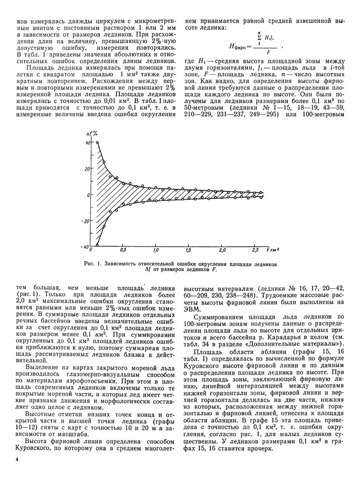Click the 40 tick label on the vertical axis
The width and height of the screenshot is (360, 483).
pos(87,143)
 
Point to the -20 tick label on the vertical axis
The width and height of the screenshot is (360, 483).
pos(86,221)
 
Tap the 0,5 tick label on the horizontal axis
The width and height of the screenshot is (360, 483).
pos(123,252)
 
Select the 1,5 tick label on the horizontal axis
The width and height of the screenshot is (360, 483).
pos(188,252)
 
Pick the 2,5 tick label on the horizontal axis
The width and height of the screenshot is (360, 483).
pos(256,252)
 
